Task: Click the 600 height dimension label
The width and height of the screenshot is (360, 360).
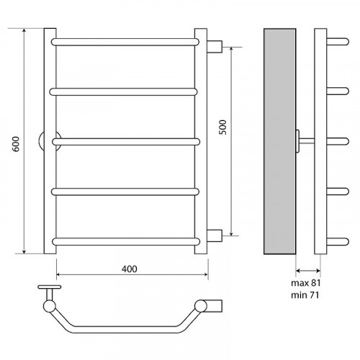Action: (16, 144)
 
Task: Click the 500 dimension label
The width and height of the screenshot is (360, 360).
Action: (223, 127)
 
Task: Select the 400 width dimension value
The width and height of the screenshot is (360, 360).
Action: (130, 269)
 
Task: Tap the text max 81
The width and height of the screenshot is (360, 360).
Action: (306, 283)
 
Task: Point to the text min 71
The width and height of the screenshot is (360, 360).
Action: (305, 295)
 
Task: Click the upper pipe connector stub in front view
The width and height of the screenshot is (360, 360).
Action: (215, 47)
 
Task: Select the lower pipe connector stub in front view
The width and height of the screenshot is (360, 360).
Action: (215, 235)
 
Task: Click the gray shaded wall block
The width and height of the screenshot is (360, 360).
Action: (280, 141)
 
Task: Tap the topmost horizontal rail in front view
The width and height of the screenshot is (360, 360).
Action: (125, 42)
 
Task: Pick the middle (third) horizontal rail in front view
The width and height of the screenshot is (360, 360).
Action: (126, 142)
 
